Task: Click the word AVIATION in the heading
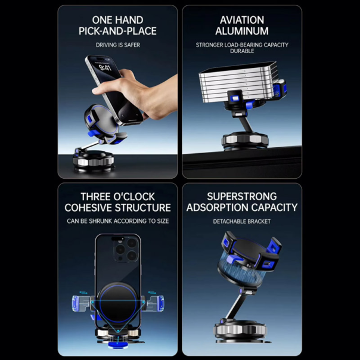[x=242, y=20]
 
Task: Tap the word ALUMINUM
[x=242, y=31]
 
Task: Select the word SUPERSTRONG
[x=242, y=197]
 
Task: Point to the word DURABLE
[x=242, y=51]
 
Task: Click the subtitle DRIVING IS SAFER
[x=118, y=45]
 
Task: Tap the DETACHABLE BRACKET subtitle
[x=242, y=221]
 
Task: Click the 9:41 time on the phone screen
[x=105, y=67]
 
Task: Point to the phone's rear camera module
[x=127, y=250]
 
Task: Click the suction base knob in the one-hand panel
[x=94, y=161]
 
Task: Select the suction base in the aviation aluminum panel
[x=245, y=141]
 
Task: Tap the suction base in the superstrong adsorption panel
[x=240, y=331]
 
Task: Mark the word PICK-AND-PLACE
[x=117, y=31]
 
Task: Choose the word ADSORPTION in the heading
[x=214, y=207]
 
